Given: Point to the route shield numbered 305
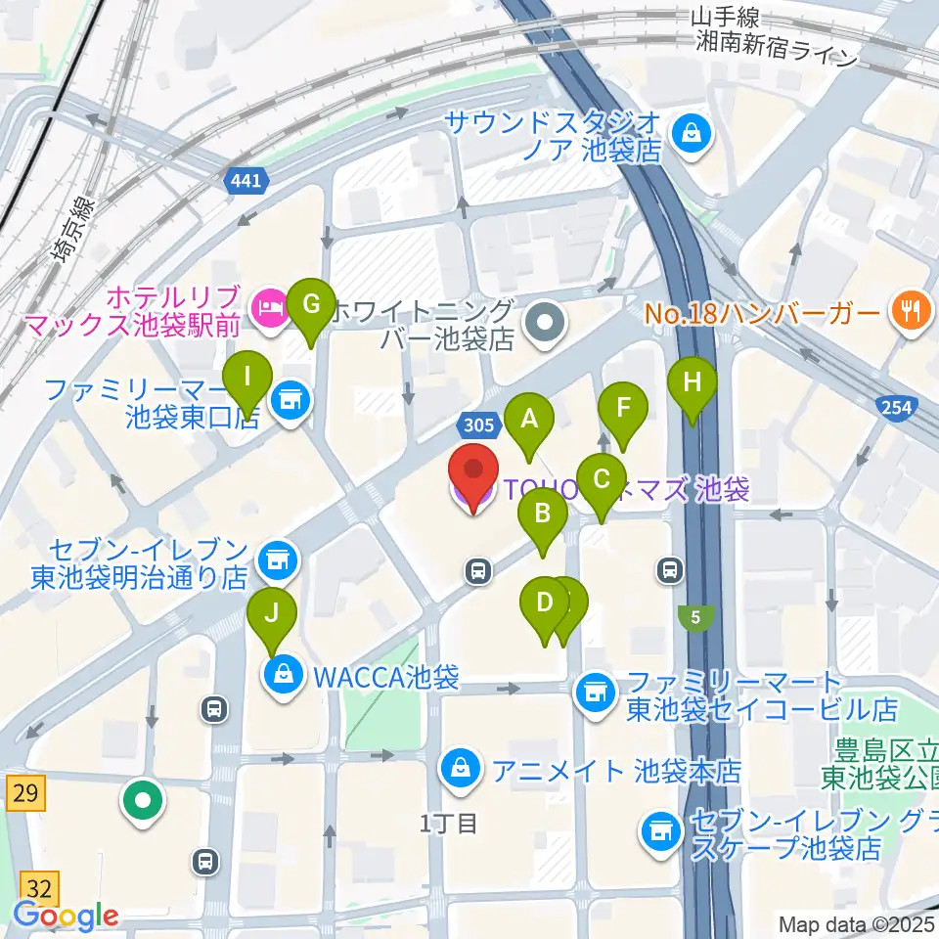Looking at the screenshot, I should pyautogui.click(x=475, y=425).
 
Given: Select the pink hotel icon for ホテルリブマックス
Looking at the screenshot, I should pyautogui.click(x=267, y=309).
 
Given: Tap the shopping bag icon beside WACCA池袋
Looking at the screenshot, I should pyautogui.click(x=282, y=675).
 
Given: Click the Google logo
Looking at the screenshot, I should pyautogui.click(x=67, y=916).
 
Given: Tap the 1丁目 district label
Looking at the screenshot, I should pyautogui.click(x=449, y=824).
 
